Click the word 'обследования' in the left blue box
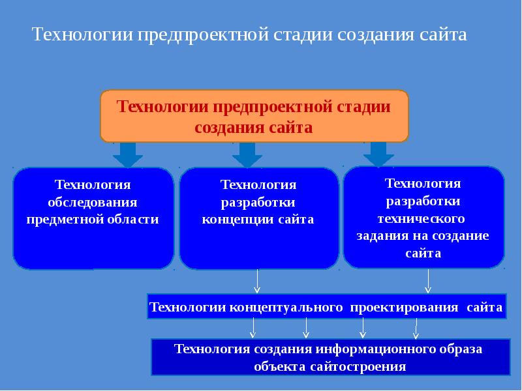click(x=93, y=202)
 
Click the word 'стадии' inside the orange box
click(x=363, y=106)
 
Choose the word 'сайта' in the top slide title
click(x=446, y=35)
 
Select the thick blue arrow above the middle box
click(x=247, y=155)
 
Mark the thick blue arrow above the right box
click(x=378, y=154)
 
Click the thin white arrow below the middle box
click(x=258, y=282)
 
